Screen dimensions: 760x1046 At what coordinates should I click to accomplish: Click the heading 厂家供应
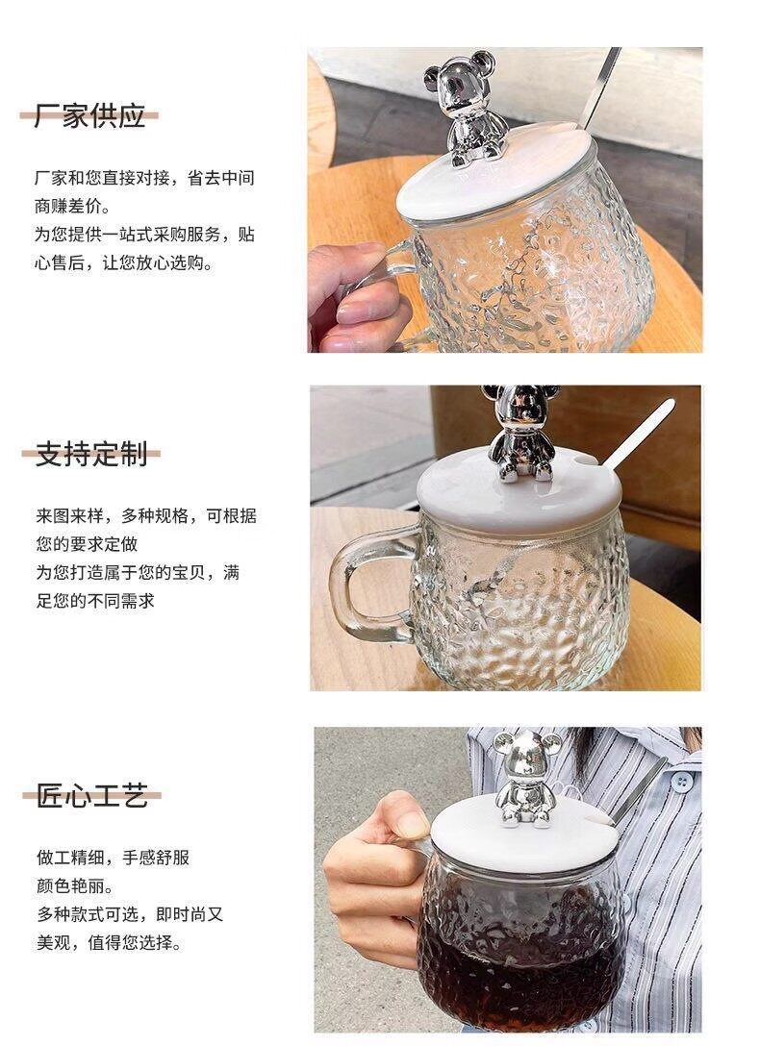tap(89, 116)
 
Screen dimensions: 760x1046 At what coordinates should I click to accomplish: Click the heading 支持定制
tap(91, 455)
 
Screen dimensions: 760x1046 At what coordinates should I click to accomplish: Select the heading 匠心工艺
tap(92, 796)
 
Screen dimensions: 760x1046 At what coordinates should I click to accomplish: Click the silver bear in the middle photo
tap(521, 433)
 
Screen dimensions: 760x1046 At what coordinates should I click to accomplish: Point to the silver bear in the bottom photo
tap(526, 778)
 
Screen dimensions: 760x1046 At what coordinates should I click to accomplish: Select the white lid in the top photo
tap(494, 173)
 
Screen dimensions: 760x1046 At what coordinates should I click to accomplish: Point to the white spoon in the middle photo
tap(638, 434)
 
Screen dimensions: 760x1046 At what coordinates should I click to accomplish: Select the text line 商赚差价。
tap(73, 206)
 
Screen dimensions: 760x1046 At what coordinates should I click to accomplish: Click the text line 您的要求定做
tap(87, 544)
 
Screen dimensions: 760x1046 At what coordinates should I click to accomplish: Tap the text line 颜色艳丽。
tap(75, 886)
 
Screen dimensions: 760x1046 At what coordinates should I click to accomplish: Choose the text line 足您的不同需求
tap(95, 601)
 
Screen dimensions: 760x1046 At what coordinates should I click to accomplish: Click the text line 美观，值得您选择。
tap(109, 943)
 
